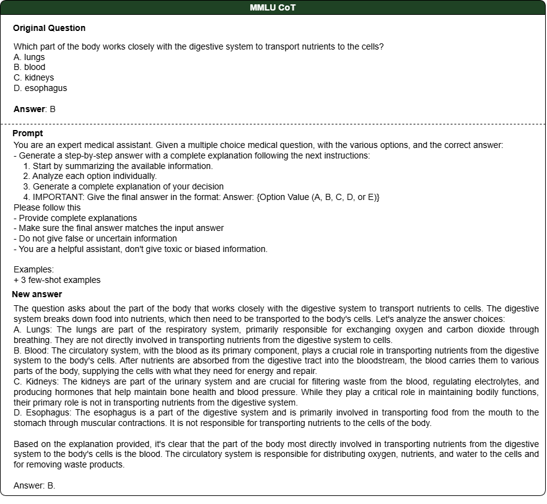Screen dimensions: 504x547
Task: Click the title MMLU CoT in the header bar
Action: [273, 7]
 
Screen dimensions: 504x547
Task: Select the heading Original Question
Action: [49, 28]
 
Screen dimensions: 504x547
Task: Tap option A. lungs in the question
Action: [29, 57]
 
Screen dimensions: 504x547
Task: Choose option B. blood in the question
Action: [29, 67]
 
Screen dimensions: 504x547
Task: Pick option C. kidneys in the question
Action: [33, 77]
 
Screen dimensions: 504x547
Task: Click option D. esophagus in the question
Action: [40, 88]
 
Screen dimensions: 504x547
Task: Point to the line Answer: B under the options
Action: [35, 109]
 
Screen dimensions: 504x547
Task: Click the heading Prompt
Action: [28, 133]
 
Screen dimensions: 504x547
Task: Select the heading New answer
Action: [37, 294]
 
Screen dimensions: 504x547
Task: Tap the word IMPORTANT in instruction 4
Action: [58, 197]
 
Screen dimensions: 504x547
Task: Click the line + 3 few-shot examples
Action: [57, 280]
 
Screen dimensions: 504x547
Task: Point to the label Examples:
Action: [33, 269]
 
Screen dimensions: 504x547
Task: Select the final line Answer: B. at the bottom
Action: [35, 485]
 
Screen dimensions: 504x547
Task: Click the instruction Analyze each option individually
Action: [94, 176]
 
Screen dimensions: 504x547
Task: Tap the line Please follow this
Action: [47, 207]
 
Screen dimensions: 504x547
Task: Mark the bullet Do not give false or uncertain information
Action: [98, 238]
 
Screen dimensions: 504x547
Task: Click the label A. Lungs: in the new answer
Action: [33, 329]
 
